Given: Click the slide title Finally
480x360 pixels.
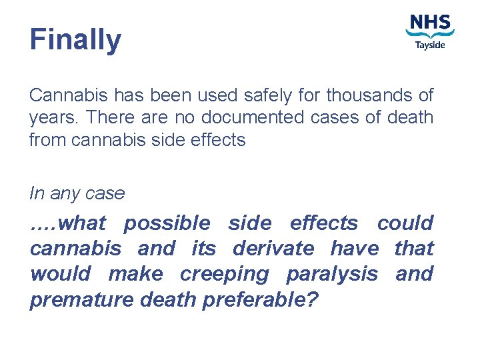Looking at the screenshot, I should (75, 39).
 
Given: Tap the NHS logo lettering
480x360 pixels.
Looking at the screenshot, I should (430, 23).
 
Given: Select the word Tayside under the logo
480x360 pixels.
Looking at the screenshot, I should (430, 45).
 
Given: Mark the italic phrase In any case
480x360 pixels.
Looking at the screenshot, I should (77, 193).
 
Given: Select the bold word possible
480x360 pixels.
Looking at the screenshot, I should (167, 223).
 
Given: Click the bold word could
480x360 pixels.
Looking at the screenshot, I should (405, 223).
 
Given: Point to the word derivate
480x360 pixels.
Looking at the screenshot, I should (273, 249).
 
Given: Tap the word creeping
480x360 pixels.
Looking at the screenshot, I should (225, 274).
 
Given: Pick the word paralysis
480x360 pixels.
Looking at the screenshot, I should (332, 275).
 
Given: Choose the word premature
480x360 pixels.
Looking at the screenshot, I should (81, 300).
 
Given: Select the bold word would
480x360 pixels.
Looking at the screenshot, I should (59, 274).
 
